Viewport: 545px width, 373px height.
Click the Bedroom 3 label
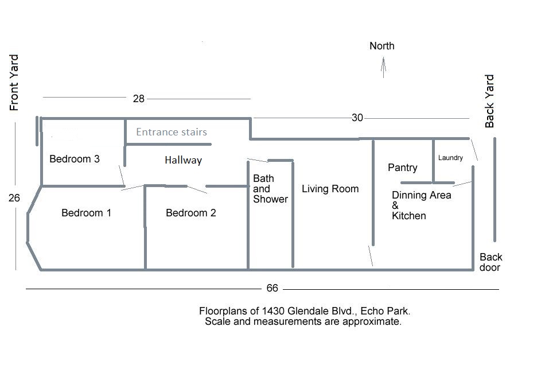click(x=75, y=159)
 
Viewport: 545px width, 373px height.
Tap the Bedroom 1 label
click(x=86, y=213)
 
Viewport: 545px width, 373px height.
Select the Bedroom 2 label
click(x=191, y=213)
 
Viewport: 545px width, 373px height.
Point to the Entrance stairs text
click(x=172, y=132)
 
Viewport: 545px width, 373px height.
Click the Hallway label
click(x=183, y=160)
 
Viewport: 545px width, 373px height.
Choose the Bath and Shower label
click(x=270, y=189)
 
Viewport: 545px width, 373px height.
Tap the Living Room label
click(x=330, y=189)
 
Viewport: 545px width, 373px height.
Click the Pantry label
click(x=403, y=168)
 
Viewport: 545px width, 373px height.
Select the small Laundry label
click(x=450, y=158)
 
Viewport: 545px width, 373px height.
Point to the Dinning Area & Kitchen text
click(x=421, y=205)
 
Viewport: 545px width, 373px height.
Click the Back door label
click(x=490, y=262)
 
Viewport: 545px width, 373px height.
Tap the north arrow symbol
click(x=383, y=68)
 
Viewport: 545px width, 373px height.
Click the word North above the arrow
click(x=382, y=46)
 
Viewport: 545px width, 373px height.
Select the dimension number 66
click(x=272, y=288)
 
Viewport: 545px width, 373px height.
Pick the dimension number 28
click(x=139, y=99)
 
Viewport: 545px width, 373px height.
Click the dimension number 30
click(x=357, y=118)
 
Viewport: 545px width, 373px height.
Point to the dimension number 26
click(x=14, y=198)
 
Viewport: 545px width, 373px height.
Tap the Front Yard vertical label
click(x=14, y=83)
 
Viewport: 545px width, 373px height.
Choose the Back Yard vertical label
click(x=489, y=101)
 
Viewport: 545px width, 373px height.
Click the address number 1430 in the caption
click(x=274, y=311)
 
